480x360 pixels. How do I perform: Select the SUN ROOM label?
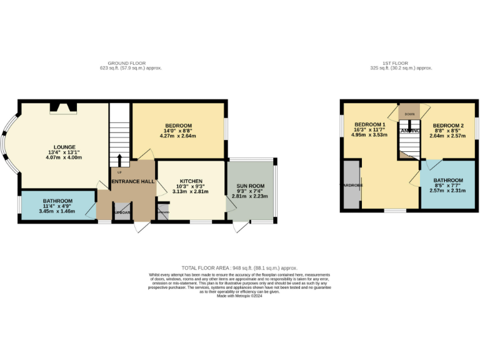(x=250, y=186)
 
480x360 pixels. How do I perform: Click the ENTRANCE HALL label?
(x=132, y=181)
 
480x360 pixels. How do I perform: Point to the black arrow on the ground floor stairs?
(x=119, y=160)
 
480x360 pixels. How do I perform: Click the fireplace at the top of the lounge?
(x=64, y=107)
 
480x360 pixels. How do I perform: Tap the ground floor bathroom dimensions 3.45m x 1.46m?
(x=57, y=212)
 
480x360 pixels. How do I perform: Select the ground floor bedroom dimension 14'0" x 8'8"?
(x=178, y=131)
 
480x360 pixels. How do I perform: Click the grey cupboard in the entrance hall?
(x=122, y=212)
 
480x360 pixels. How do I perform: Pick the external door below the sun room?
(x=240, y=228)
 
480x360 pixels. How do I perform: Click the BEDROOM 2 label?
(x=449, y=126)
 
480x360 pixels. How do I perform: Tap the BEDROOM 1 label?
(x=370, y=124)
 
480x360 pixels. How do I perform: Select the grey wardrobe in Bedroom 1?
(x=351, y=185)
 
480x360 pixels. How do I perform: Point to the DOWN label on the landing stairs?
(x=409, y=114)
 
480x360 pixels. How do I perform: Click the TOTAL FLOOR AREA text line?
(x=239, y=267)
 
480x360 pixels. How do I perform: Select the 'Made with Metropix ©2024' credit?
(x=239, y=296)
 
